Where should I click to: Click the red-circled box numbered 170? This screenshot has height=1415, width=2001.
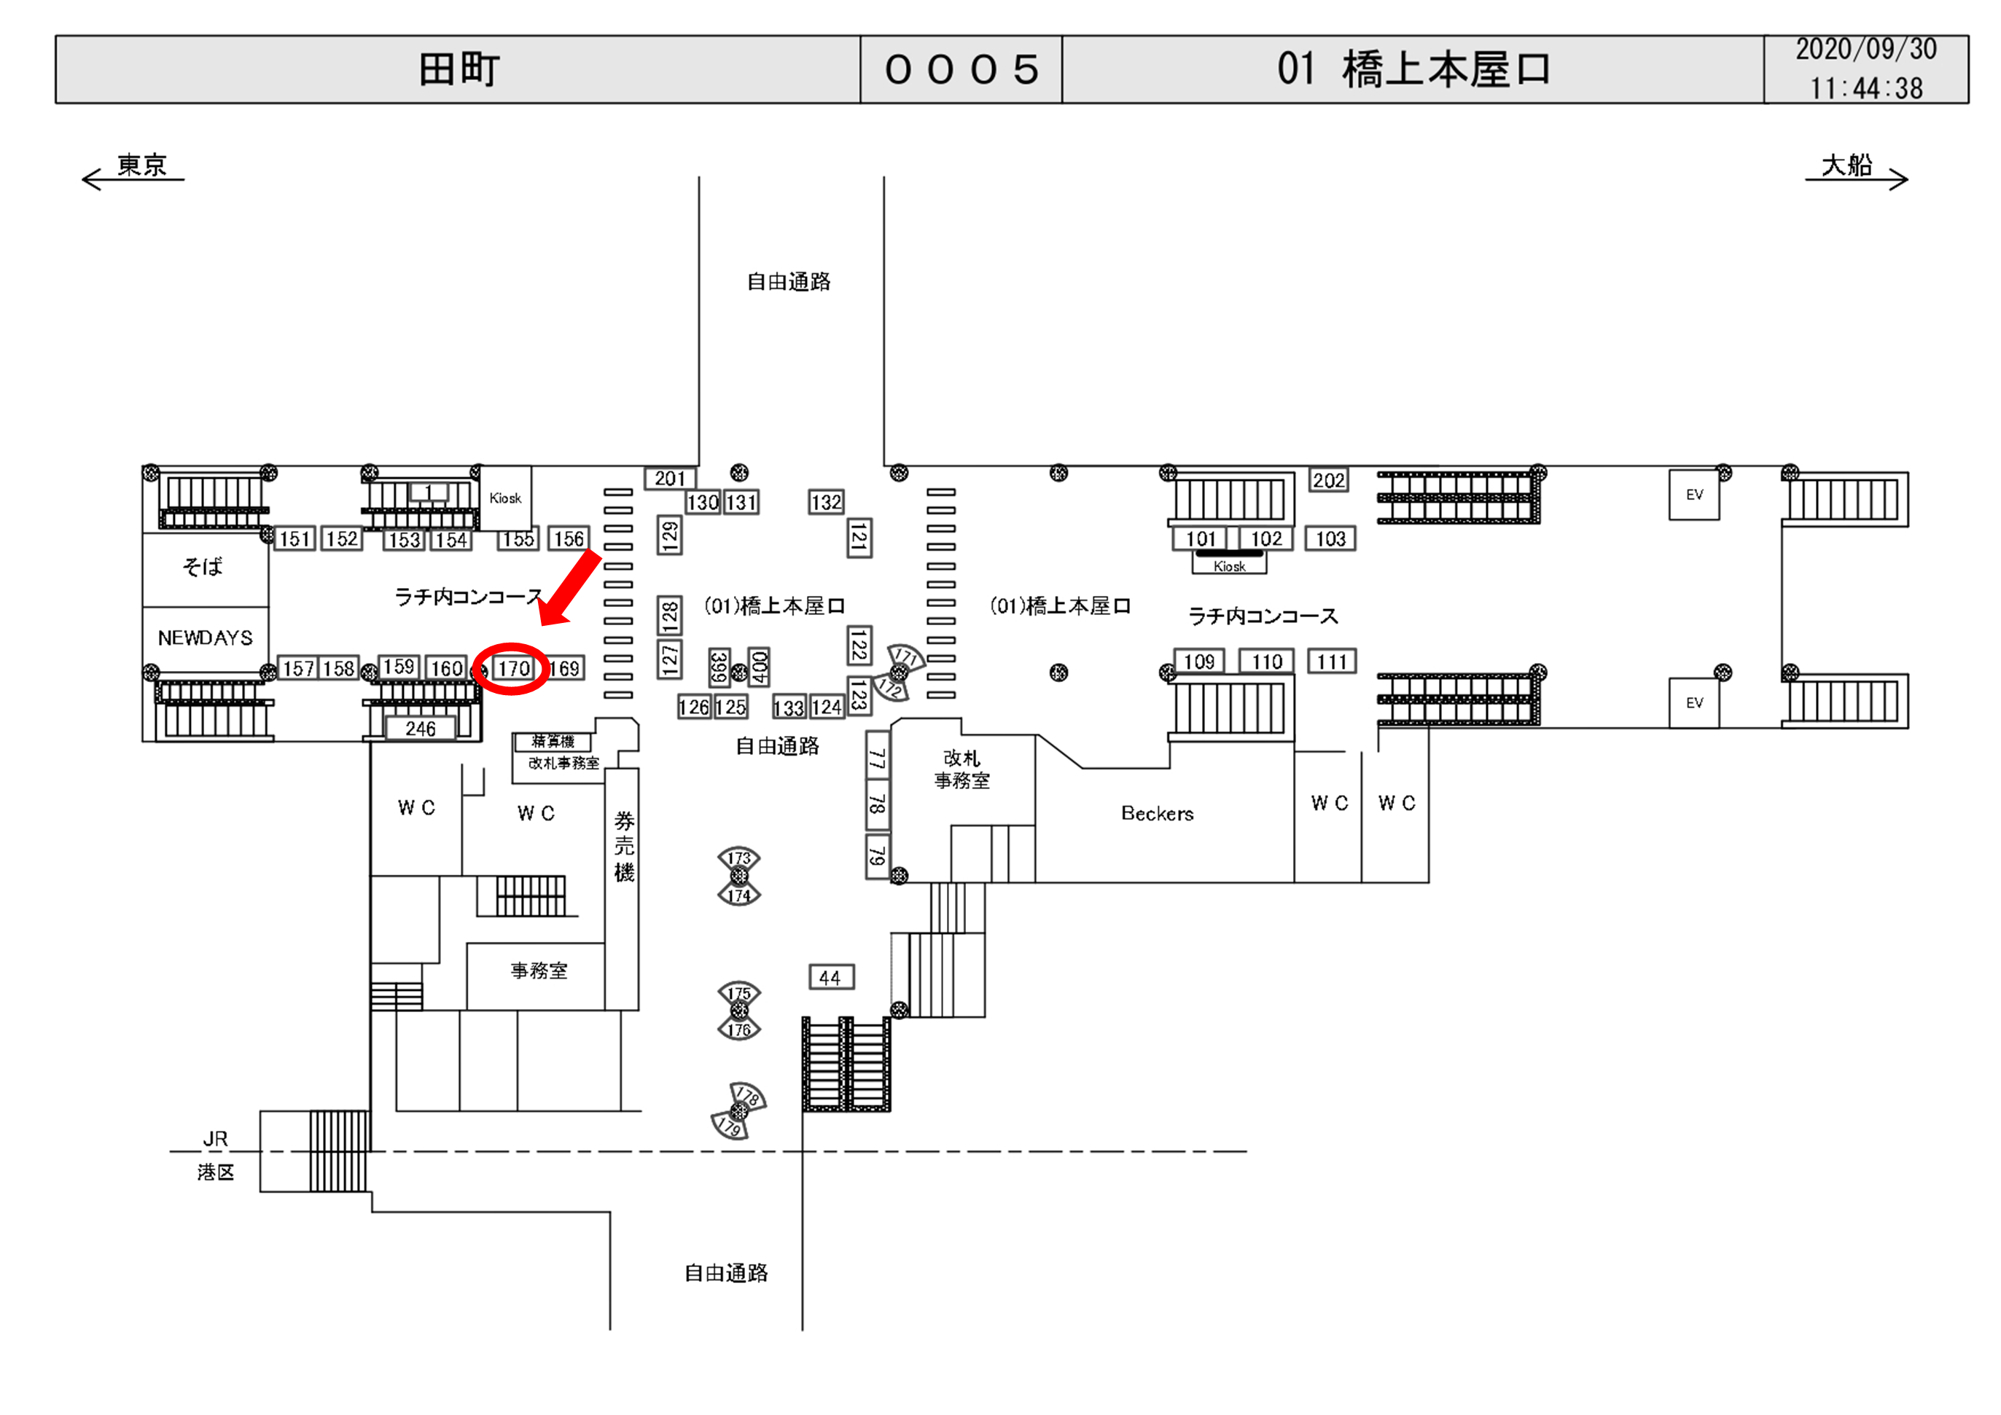click(513, 668)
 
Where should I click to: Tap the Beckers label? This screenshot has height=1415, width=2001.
click(1157, 813)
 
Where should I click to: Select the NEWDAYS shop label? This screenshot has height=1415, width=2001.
click(205, 638)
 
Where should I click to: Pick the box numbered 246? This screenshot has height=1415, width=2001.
click(420, 729)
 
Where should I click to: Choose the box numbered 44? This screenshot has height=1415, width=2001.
click(830, 978)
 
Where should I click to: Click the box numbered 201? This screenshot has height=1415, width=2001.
click(669, 479)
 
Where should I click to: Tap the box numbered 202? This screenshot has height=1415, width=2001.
click(1328, 480)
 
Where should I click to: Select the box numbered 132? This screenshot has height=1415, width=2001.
click(825, 502)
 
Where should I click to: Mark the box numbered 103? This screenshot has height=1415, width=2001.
click(1330, 538)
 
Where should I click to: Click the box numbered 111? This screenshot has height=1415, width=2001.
click(1331, 662)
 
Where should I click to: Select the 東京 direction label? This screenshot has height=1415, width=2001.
click(141, 165)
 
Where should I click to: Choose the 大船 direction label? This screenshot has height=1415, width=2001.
click(1846, 165)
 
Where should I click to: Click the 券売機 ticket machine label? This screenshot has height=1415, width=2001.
click(623, 845)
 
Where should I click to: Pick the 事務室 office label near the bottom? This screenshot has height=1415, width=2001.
click(539, 971)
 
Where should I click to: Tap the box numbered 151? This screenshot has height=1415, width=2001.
click(295, 538)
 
